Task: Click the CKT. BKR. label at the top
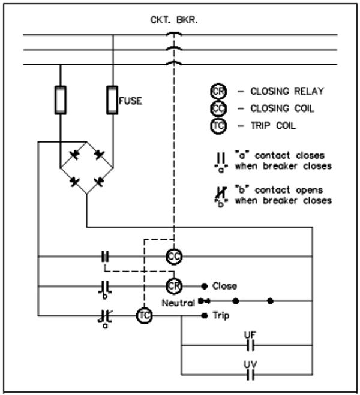pos(173,20)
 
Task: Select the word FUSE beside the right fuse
pos(130,101)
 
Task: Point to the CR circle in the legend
pos(217,91)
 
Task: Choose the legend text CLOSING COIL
pos(281,108)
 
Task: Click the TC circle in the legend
pos(217,126)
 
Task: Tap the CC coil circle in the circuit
pos(174,257)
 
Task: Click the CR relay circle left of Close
pos(174,286)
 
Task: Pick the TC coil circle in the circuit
pos(144,315)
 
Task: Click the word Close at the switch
pos(224,286)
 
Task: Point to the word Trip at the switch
pos(221,315)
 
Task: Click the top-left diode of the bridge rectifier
pos(74,155)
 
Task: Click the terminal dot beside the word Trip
pos(205,315)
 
